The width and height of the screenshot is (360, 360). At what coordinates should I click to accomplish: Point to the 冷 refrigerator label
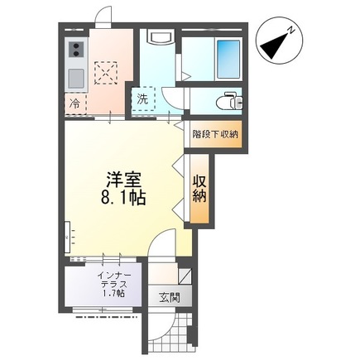[74, 105]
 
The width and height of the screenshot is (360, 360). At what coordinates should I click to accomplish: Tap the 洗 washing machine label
[142, 98]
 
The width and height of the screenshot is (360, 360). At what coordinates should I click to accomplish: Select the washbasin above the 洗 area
[158, 38]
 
